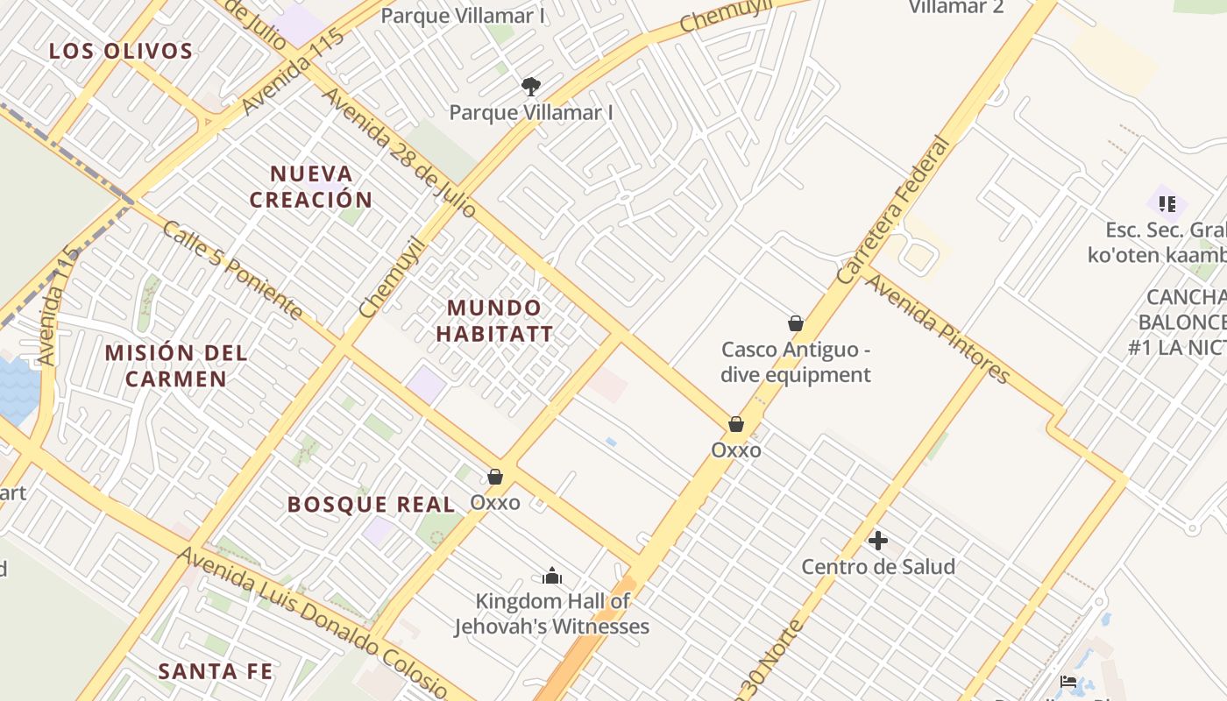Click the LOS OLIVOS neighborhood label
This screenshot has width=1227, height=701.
(x=121, y=51)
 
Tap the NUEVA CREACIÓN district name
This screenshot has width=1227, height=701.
(x=310, y=187)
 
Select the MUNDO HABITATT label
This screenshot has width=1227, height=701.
(x=494, y=321)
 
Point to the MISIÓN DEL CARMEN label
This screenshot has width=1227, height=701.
(x=176, y=366)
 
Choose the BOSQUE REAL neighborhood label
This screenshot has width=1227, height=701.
(x=372, y=505)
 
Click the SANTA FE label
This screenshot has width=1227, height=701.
(x=216, y=672)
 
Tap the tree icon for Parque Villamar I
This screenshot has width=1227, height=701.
(x=530, y=86)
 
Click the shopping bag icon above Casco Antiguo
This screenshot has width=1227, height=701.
(x=796, y=323)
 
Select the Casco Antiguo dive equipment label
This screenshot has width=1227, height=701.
(x=796, y=362)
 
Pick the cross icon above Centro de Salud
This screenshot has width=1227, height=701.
(x=877, y=541)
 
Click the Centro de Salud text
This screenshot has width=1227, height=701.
(x=878, y=567)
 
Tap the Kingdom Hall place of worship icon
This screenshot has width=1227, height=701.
(x=551, y=576)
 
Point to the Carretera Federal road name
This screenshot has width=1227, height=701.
(x=894, y=209)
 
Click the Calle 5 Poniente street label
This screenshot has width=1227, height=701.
(x=233, y=270)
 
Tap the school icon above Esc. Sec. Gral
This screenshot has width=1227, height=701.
(x=1167, y=204)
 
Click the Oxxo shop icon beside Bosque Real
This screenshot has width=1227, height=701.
(x=495, y=477)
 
